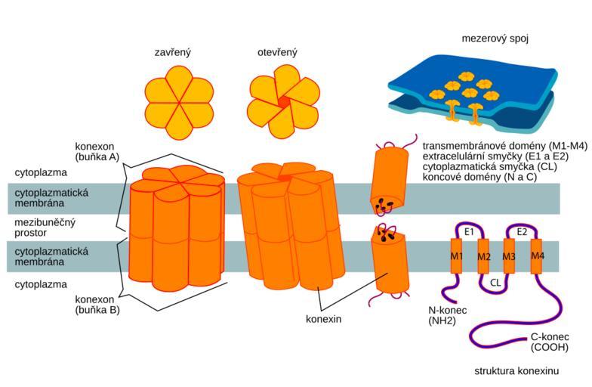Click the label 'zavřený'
pos(173,53)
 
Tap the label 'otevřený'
pos(278,53)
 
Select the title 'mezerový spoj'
pos(495,39)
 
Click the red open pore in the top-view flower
pos(284,102)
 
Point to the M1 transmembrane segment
pos(456,255)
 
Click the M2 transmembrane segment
pos(483,256)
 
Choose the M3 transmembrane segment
pos(509,256)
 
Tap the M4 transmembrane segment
pos(536,256)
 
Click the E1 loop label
pos(469,232)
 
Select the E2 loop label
pos(522,232)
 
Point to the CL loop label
pos(495,283)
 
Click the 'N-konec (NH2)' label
pos(447,316)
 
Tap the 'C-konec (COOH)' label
pos(550,342)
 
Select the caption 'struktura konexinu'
pos(516,371)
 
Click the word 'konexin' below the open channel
pos(323,319)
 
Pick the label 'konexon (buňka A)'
pos(97,151)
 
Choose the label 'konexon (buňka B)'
pos(97,305)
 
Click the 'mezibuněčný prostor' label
pos(45,228)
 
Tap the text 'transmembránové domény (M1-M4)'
pos(504,146)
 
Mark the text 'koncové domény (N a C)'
pos(479,177)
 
